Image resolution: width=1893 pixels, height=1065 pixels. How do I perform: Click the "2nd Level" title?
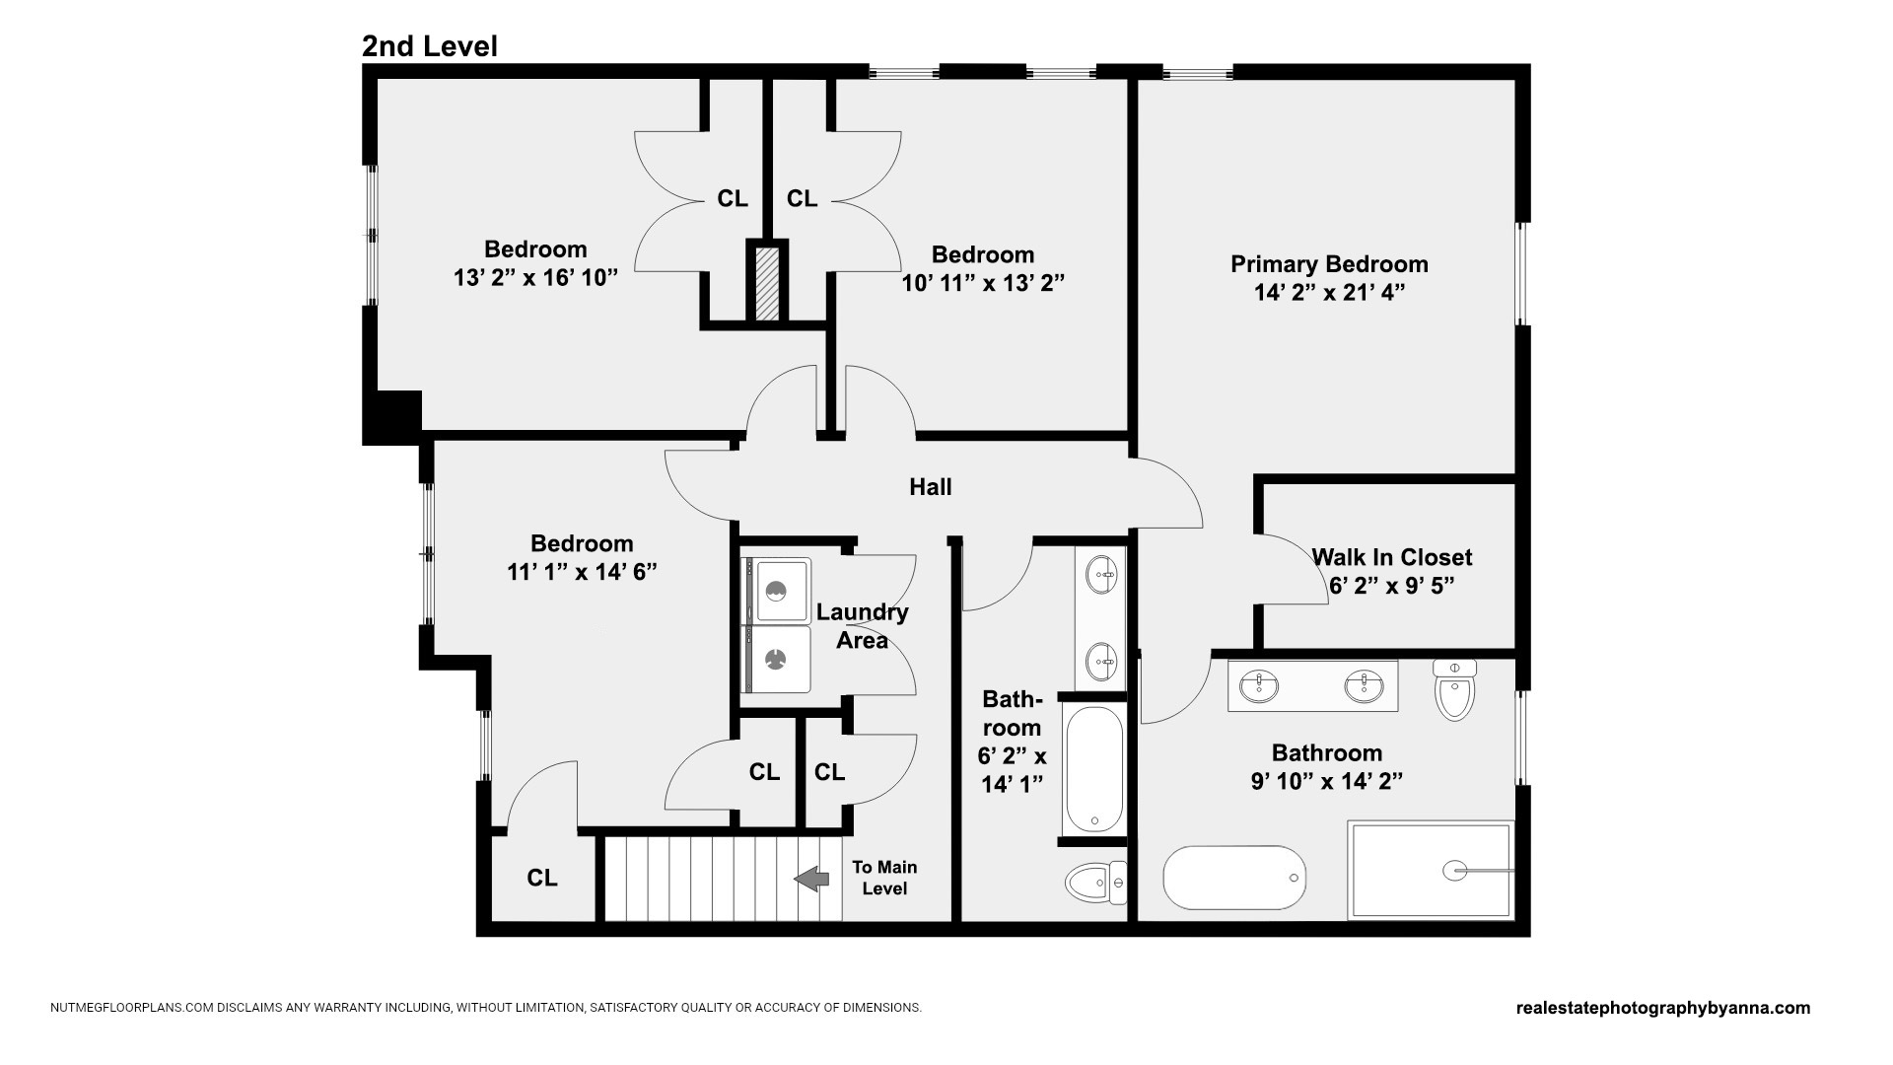[429, 46]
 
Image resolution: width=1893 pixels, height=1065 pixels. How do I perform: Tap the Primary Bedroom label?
[1329, 264]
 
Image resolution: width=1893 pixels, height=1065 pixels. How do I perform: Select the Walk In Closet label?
[1391, 557]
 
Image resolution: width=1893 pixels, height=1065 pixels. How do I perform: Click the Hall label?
[930, 486]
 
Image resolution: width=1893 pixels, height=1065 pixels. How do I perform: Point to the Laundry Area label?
[863, 626]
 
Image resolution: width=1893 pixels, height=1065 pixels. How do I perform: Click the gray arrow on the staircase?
[812, 878]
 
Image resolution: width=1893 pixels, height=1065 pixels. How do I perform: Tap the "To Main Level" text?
[884, 878]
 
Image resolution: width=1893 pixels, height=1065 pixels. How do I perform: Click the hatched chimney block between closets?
[767, 283]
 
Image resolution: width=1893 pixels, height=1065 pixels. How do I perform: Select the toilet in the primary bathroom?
[1454, 689]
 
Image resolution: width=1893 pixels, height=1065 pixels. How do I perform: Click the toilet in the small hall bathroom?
[1095, 883]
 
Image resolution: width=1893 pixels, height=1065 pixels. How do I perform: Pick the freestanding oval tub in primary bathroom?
[1234, 878]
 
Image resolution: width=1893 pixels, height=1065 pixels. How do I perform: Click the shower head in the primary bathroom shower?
[1455, 871]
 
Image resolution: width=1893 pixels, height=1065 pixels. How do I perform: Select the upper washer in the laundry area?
[776, 590]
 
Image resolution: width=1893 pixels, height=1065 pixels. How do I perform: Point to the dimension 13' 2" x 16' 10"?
[535, 277]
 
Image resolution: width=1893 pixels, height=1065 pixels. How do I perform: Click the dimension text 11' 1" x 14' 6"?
[582, 572]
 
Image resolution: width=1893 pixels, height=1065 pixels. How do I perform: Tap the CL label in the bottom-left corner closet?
[542, 878]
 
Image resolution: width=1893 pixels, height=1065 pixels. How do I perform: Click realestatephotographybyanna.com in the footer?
[1663, 1008]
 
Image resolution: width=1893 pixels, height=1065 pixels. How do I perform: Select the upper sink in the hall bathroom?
[1101, 573]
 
